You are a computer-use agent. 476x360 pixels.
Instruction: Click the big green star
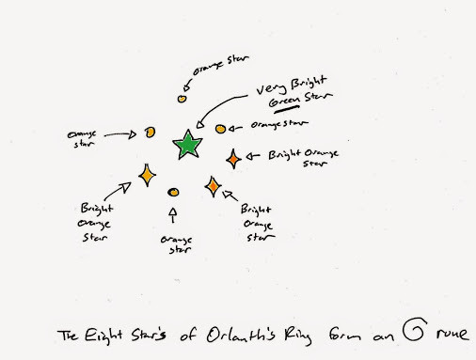coord(187,145)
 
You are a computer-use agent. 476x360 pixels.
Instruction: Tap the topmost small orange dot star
coord(183,97)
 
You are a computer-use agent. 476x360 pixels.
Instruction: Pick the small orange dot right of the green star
coord(221,128)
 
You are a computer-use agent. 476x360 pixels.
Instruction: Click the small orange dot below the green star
coord(173,193)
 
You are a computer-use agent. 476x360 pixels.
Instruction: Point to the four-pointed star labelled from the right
coord(233,159)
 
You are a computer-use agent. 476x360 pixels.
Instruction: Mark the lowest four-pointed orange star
coord(214,188)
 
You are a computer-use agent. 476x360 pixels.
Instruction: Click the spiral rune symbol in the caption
coord(415,333)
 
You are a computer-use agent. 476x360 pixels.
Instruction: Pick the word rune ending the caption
coord(453,337)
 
